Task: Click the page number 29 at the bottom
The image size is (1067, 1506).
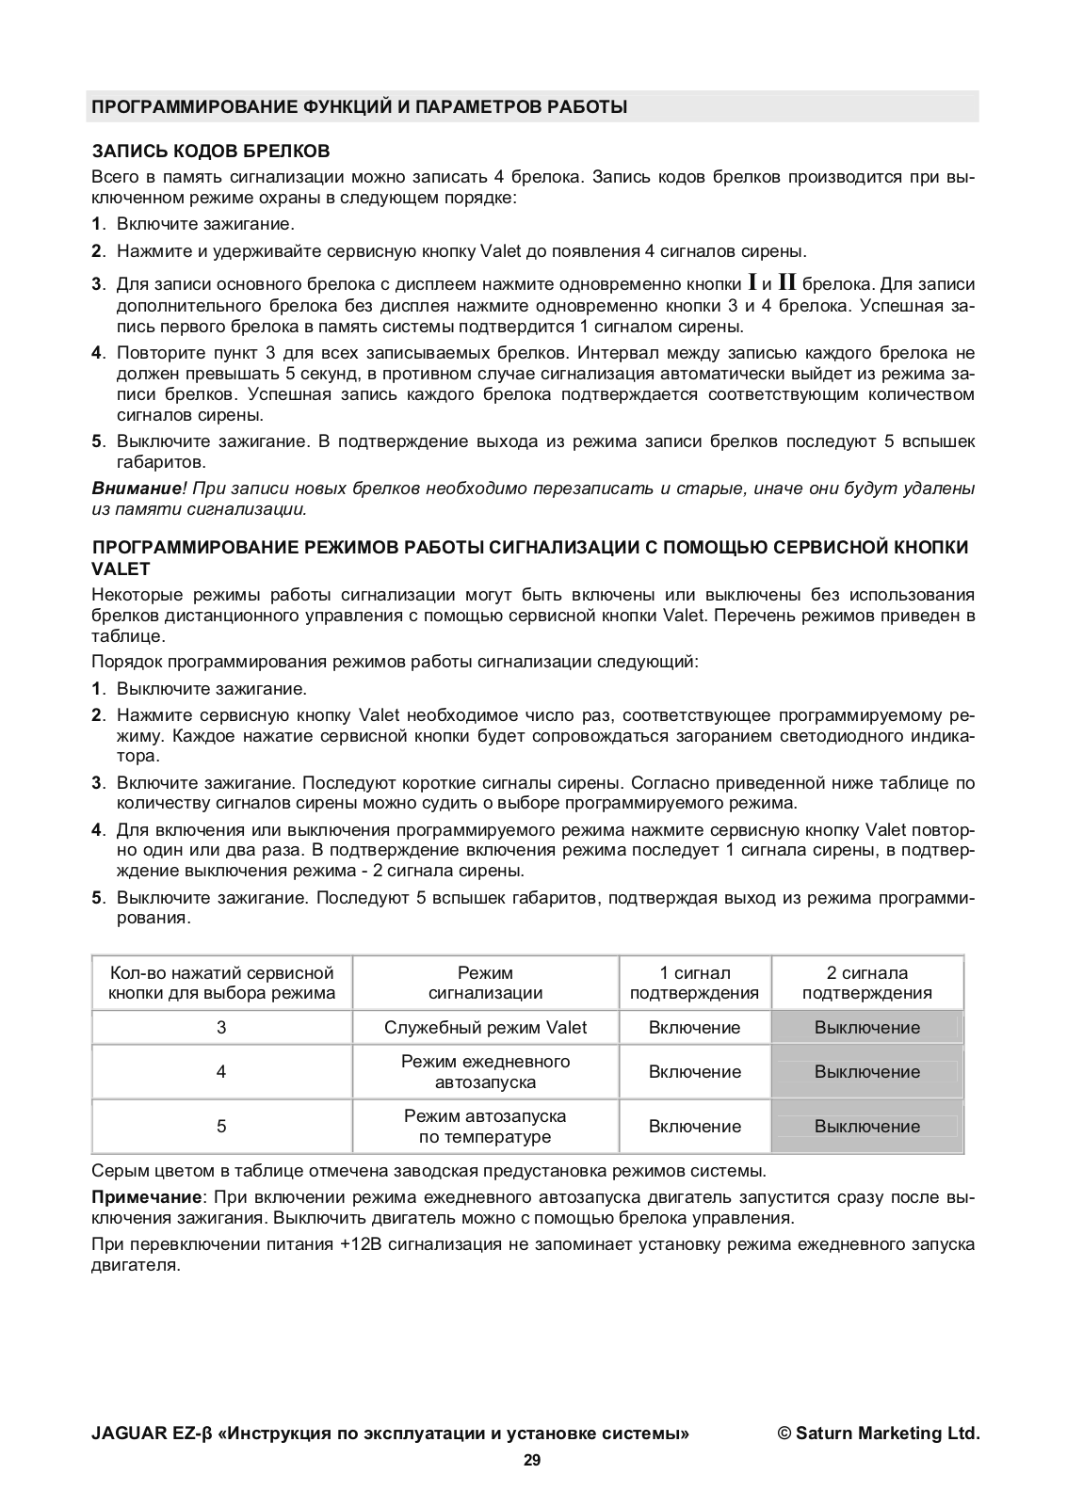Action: [532, 1461]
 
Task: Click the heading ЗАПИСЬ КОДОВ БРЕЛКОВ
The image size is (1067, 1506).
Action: [210, 152]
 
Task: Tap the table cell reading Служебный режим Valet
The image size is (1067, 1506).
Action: [485, 1027]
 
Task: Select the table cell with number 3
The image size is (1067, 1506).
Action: [221, 1027]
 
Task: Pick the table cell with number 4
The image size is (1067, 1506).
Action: [221, 1071]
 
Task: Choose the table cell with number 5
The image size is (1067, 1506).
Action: [221, 1126]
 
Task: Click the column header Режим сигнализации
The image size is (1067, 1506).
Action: [485, 983]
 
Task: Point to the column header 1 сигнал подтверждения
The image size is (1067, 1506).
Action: [694, 983]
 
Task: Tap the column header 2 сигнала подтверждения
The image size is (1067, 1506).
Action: [866, 983]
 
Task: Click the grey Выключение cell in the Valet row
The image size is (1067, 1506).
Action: [866, 1027]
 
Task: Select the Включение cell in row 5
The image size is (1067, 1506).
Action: [694, 1126]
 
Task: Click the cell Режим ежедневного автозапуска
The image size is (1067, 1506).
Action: [485, 1071]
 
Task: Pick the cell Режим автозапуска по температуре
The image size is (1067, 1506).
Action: [485, 1126]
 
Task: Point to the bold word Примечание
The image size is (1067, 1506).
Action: [147, 1197]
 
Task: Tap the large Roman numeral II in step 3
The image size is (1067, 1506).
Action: [786, 281]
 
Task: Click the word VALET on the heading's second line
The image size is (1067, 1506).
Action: [121, 569]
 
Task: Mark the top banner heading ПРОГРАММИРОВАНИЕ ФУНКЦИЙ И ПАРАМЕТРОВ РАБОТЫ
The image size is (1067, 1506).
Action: [359, 107]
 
